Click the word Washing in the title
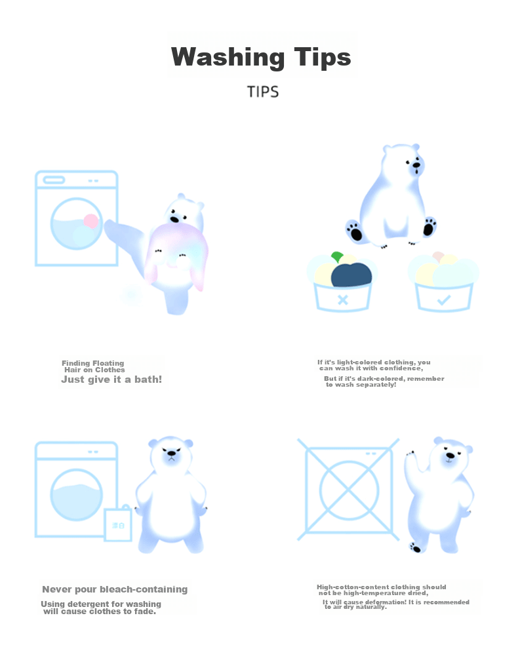[228, 58]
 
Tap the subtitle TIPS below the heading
[263, 92]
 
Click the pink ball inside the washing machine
[91, 221]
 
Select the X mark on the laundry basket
[343, 300]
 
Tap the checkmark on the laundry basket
[444, 300]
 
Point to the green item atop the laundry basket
[337, 257]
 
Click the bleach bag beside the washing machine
[118, 524]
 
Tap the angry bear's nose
[172, 454]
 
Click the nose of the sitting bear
[416, 165]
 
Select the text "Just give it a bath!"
[111, 379]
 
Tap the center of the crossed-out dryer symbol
[349, 490]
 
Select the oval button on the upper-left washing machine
[54, 180]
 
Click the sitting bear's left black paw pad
[355, 231]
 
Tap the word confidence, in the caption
[401, 368]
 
